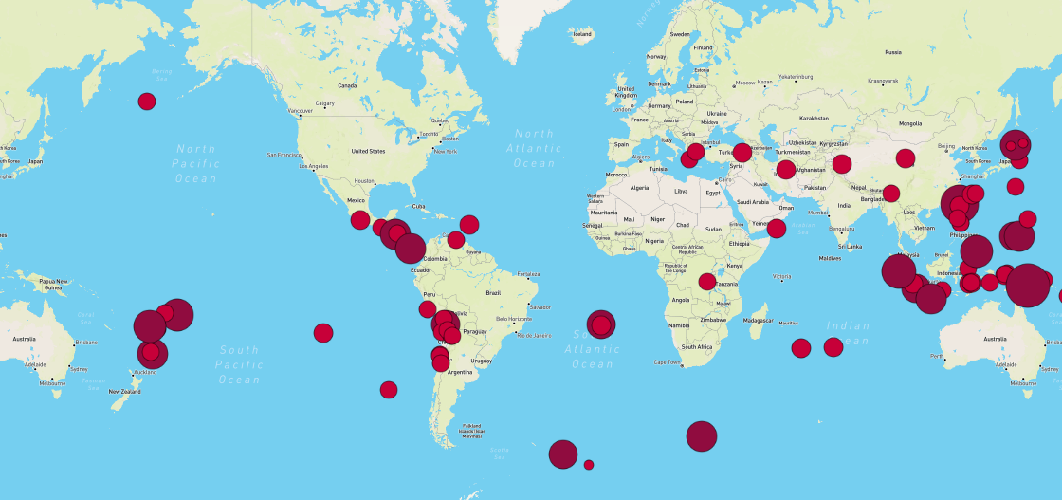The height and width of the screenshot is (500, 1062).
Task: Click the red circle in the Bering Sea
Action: [147, 101]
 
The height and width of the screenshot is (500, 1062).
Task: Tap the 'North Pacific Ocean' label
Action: [196, 163]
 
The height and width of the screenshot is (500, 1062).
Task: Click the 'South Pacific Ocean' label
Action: [238, 364]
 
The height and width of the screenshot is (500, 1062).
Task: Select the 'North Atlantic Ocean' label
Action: [534, 149]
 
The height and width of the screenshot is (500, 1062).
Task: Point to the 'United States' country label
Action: [368, 151]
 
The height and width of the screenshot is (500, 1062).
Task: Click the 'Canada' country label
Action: [347, 85]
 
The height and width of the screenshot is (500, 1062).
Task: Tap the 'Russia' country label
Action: [892, 52]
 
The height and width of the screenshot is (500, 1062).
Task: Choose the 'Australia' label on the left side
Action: [23, 338]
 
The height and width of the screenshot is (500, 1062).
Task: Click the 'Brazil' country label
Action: [493, 293]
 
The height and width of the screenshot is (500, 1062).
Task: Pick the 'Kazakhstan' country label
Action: [814, 119]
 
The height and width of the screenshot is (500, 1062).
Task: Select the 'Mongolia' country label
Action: [910, 123]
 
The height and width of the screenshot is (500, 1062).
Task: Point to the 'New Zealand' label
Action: [125, 392]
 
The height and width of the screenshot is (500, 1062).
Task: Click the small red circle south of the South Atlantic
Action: [589, 465]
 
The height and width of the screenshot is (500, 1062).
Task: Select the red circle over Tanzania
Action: [707, 281]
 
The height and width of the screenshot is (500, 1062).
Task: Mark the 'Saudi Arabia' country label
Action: [754, 202]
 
